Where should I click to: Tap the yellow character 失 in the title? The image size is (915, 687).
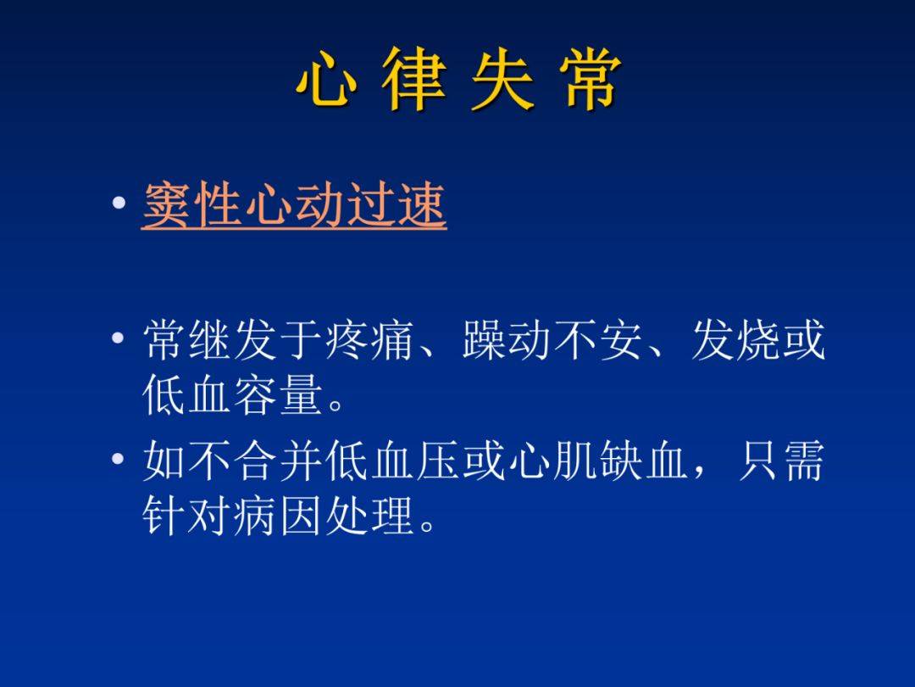(502, 79)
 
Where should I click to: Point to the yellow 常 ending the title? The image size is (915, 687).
(590, 79)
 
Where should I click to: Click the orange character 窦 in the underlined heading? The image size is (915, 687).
(166, 204)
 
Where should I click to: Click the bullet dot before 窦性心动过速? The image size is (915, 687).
(119, 204)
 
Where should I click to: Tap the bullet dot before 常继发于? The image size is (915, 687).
(119, 338)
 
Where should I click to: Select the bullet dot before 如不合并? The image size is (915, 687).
(119, 458)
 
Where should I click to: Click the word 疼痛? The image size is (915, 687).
(371, 339)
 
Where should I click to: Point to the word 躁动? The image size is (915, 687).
(507, 339)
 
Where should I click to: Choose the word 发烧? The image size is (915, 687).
(736, 339)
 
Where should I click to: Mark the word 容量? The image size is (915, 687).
(280, 394)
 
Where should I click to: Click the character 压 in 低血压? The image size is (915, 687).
(438, 460)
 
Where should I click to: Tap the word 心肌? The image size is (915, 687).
(553, 460)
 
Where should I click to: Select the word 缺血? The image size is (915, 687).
(644, 460)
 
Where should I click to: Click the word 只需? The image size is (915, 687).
(781, 460)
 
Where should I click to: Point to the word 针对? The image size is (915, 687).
(188, 516)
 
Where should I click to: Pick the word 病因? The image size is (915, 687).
(280, 516)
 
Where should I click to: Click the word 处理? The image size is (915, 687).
(370, 516)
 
